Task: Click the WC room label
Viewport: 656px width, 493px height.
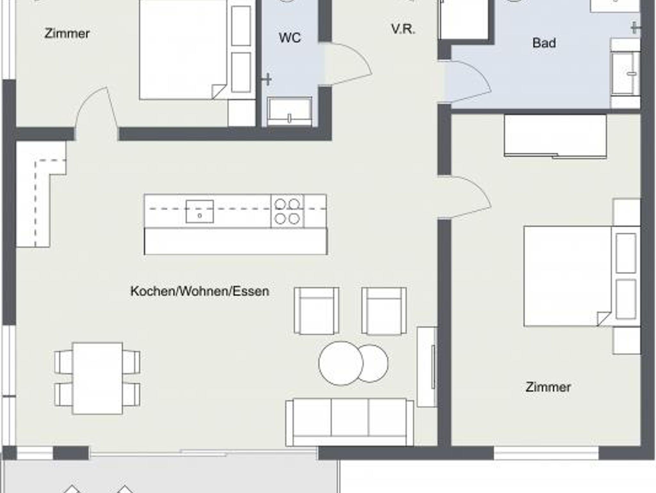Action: [x=290, y=38]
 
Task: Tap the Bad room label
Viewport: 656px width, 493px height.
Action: [x=544, y=43]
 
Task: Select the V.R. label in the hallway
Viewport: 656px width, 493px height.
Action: [x=403, y=29]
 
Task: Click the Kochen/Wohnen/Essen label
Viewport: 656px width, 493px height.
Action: [x=200, y=291]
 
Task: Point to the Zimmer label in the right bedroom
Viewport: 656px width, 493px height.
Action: [x=548, y=387]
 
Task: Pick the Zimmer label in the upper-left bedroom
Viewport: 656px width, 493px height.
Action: [x=67, y=33]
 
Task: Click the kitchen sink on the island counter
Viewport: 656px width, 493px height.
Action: [x=200, y=211]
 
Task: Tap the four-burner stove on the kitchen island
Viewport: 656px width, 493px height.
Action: [x=287, y=211]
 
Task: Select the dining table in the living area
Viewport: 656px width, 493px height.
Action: [x=97, y=378]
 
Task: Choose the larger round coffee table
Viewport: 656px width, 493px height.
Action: [x=341, y=363]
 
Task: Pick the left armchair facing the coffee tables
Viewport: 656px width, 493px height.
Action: [x=316, y=311]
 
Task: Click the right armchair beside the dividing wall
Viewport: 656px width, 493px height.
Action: [x=384, y=311]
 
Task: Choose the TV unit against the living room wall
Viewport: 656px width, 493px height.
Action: [x=427, y=367]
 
